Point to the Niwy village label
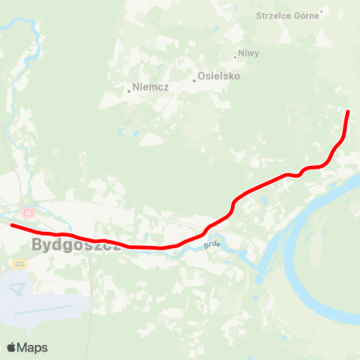pos(248,54)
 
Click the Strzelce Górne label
pos(287,15)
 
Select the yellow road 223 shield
pos(19,264)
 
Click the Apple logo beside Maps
pos(11,347)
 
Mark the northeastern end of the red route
pos(348,112)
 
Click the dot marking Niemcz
pos(129,91)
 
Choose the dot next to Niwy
pos(235,56)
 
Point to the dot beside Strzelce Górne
pos(321,11)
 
